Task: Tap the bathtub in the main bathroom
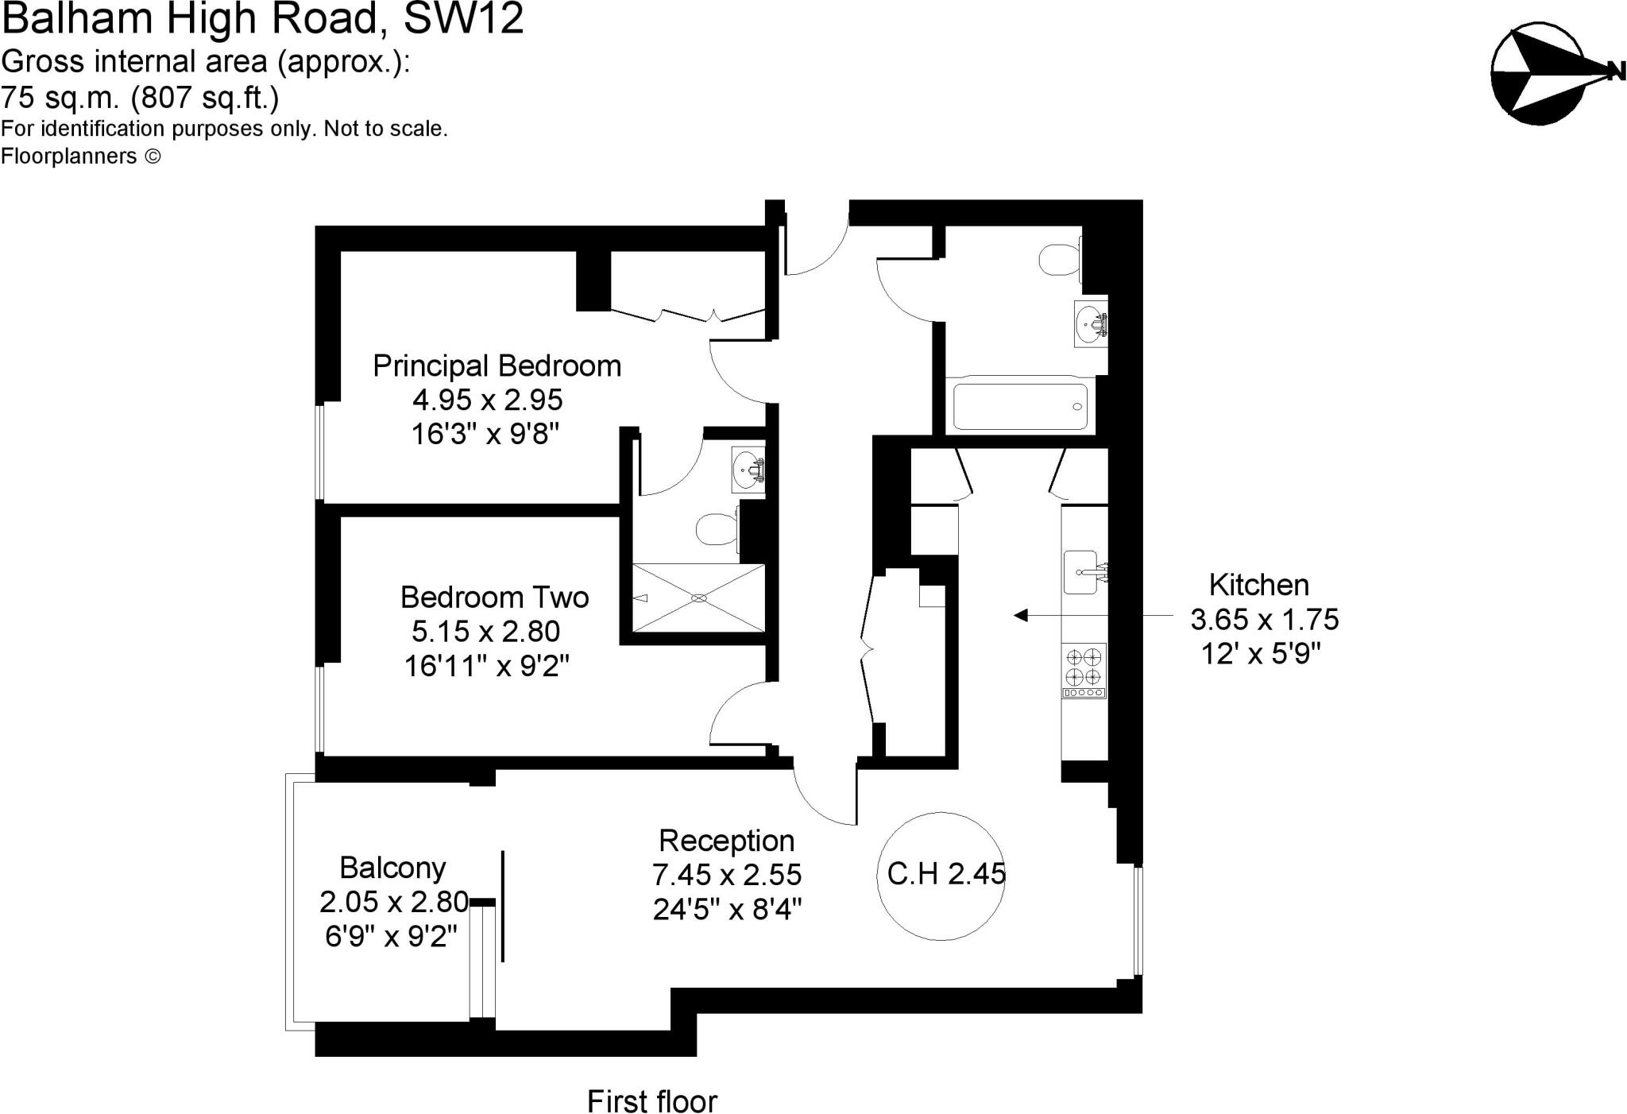(1020, 407)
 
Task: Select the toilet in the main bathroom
(1060, 258)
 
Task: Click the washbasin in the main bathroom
(1089, 323)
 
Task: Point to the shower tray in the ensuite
(698, 598)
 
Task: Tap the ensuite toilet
(717, 528)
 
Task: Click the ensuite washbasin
(748, 471)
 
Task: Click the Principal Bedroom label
(497, 366)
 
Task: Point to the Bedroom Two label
(494, 598)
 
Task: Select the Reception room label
(726, 841)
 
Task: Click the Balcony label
(392, 868)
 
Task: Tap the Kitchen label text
(1258, 585)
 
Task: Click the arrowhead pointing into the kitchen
(1022, 615)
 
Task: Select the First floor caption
(651, 1101)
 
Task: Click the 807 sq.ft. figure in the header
(205, 98)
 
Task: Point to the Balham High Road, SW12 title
(262, 19)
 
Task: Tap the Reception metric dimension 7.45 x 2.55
(727, 875)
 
